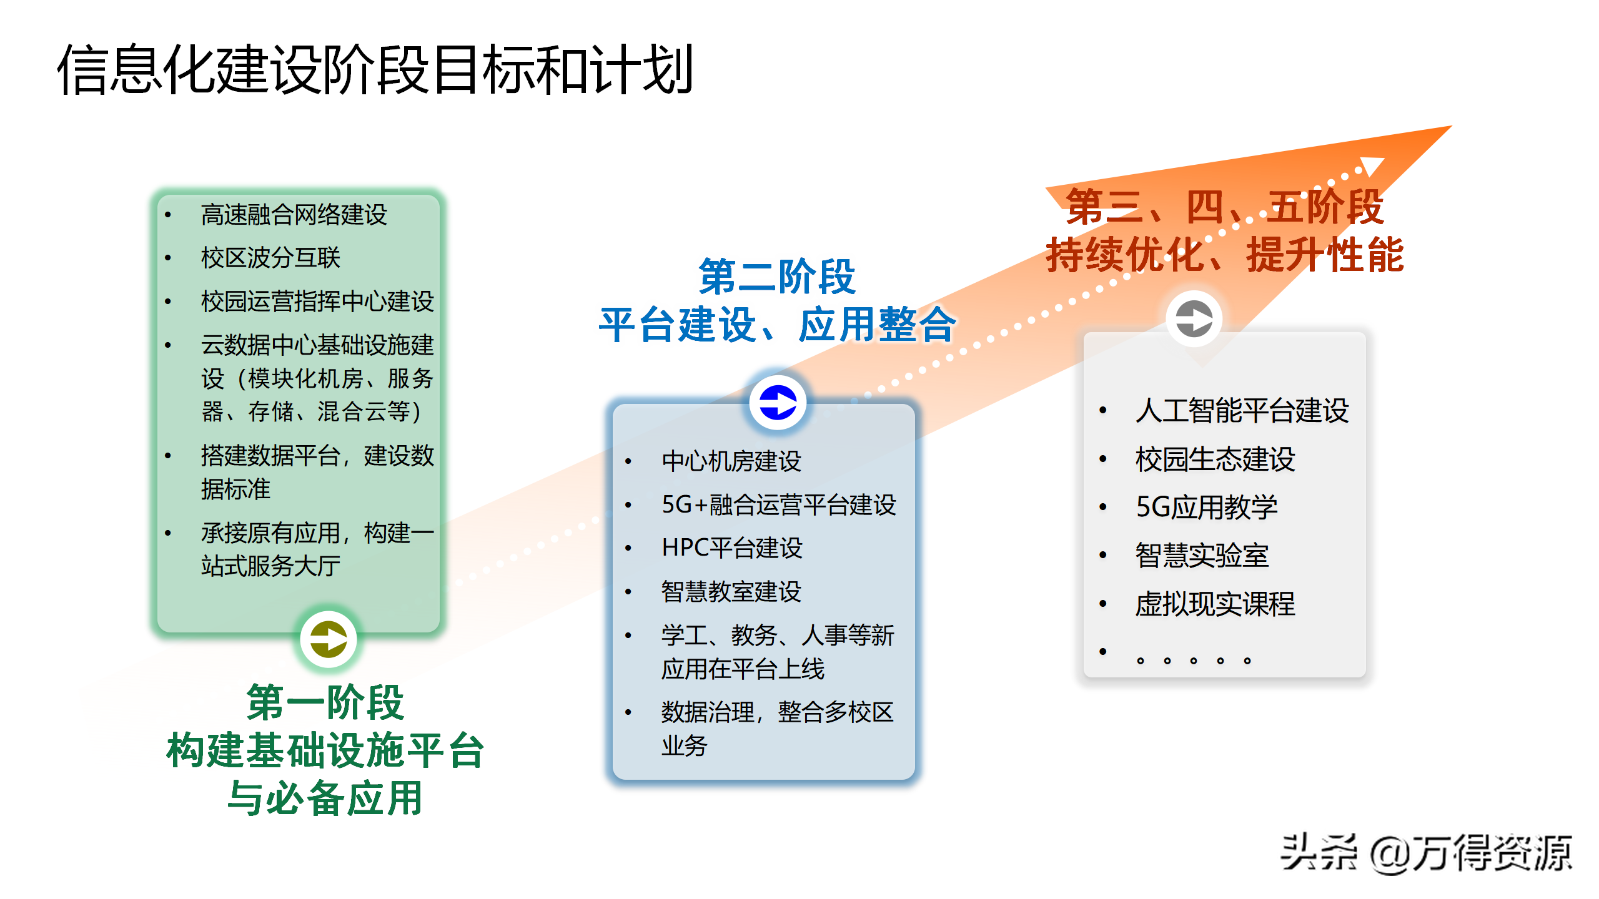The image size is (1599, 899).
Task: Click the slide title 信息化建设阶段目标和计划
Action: tap(375, 70)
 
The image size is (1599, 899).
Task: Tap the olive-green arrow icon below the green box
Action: tap(329, 639)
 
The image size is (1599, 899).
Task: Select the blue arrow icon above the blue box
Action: tap(778, 402)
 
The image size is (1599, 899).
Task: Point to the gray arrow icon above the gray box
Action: tap(1194, 318)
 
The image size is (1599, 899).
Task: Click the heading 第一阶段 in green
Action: tap(325, 702)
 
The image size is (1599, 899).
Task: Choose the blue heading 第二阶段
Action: tap(777, 277)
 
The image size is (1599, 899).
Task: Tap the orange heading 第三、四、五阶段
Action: tap(1224, 207)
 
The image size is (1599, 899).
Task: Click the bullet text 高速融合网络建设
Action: tap(294, 215)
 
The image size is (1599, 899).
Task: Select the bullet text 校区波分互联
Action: tap(270, 258)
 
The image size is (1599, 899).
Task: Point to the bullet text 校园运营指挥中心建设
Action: tap(317, 301)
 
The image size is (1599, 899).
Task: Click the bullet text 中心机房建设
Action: tap(731, 461)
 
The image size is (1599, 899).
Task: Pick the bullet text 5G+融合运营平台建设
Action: tap(779, 504)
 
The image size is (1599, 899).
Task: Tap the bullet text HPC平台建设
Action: tap(732, 548)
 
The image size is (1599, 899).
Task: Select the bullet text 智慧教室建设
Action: tap(731, 591)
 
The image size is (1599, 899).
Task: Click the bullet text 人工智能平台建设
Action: tap(1242, 410)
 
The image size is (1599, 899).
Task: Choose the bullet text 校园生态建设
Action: tap(1215, 459)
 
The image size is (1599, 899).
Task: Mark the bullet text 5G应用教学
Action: tap(1206, 507)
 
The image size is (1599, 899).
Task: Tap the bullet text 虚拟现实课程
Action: tap(1215, 604)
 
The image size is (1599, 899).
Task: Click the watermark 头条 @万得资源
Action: tap(1426, 853)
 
